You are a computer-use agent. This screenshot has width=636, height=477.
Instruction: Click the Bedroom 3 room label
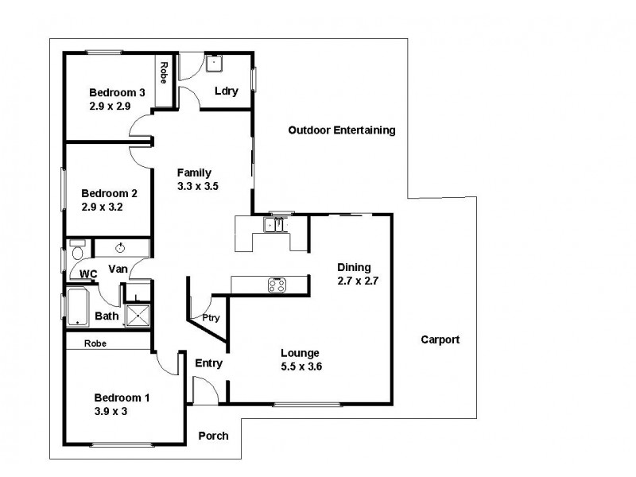[112, 91]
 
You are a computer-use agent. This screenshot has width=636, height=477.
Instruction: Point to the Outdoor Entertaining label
[341, 130]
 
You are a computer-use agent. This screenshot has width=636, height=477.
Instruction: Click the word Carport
[440, 339]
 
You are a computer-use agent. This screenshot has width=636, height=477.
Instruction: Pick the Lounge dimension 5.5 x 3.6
[300, 366]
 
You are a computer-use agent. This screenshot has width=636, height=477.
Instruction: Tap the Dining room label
[354, 267]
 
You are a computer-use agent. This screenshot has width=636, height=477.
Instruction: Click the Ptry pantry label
[211, 318]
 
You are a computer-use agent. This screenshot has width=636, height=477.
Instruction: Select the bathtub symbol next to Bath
[76, 307]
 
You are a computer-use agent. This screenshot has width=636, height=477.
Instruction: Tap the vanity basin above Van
[121, 247]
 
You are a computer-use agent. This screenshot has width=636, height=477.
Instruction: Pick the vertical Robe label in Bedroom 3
[163, 72]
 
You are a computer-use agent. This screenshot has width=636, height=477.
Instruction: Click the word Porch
[213, 436]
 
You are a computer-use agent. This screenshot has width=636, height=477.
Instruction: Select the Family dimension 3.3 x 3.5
[197, 185]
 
